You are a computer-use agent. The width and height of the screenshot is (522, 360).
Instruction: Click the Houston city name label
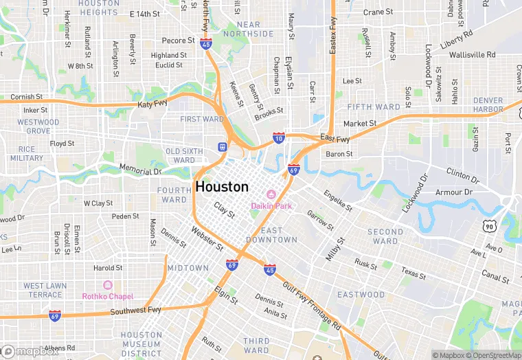tap(222, 186)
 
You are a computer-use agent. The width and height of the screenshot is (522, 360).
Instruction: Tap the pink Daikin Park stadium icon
tap(271, 194)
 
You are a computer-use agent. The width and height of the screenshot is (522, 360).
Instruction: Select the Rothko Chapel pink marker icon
tap(107, 285)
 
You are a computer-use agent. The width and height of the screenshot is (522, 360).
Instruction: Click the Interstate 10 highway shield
tap(278, 137)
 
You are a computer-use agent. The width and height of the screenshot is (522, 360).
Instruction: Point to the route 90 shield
tap(489, 226)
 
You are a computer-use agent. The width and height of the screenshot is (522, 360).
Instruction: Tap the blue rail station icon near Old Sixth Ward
tap(222, 146)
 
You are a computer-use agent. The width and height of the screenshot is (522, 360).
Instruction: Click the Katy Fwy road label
tap(152, 104)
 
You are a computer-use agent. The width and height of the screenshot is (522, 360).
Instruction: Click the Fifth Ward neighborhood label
tap(374, 107)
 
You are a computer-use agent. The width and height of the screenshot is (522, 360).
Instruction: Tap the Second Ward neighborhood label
tap(385, 236)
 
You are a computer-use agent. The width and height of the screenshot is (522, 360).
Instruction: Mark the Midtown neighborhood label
tap(188, 267)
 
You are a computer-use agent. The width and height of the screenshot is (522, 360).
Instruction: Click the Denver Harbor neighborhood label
tap(488, 104)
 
